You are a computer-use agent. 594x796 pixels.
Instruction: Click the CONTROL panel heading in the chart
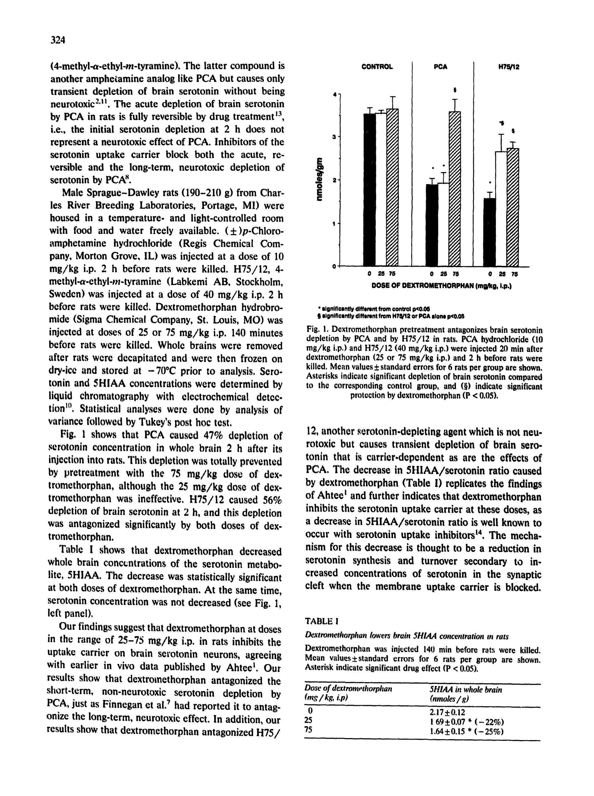(377, 67)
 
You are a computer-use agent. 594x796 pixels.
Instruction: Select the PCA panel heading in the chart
(440, 67)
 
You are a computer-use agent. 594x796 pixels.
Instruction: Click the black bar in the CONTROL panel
(369, 191)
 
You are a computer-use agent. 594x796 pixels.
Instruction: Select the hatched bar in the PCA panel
(455, 191)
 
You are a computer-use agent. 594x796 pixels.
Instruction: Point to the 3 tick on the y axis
(334, 137)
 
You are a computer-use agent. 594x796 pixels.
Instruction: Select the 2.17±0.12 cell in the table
(447, 712)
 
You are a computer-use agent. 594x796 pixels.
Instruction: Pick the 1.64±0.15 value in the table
(447, 732)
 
